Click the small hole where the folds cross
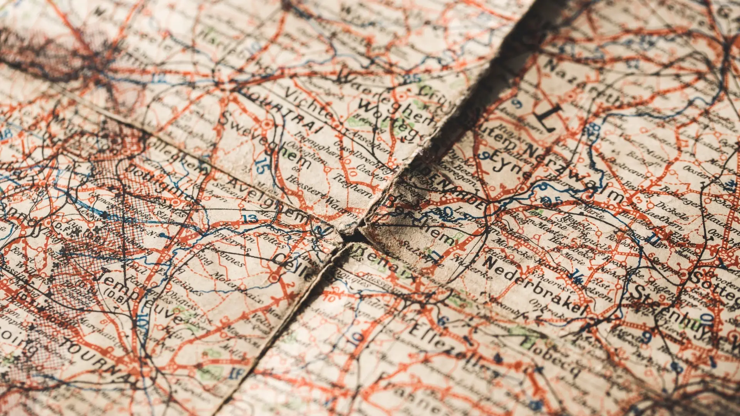coord(351,234)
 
